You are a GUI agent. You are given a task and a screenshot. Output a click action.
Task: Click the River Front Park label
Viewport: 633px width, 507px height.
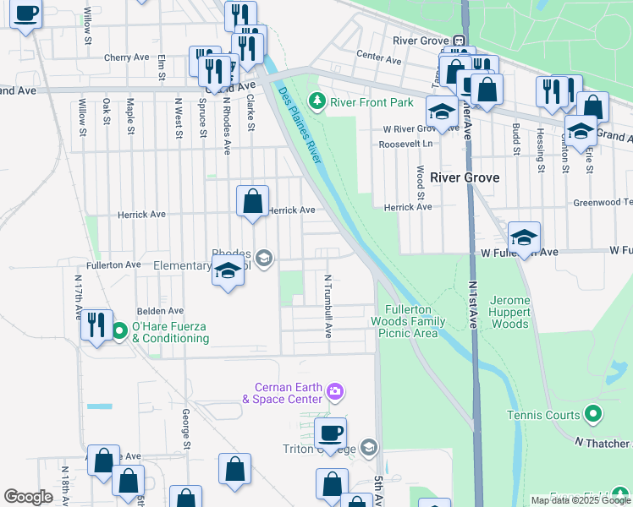click(372, 102)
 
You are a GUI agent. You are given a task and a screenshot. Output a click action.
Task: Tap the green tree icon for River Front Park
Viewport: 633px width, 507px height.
click(317, 102)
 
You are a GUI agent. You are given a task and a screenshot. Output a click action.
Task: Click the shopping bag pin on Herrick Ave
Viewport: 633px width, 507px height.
click(252, 202)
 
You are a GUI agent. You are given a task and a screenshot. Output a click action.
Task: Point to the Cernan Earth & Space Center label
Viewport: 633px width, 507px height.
click(283, 392)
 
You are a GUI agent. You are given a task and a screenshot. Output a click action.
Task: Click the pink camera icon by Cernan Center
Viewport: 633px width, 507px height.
click(336, 390)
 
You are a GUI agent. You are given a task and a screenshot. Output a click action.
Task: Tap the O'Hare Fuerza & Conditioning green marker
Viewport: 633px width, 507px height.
click(119, 330)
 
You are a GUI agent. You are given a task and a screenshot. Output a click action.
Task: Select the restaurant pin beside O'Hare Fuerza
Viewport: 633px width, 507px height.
click(96, 324)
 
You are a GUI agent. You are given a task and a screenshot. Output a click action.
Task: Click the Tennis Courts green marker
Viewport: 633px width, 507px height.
click(593, 414)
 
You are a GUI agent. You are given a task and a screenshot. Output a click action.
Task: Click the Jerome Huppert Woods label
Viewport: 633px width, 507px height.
click(510, 312)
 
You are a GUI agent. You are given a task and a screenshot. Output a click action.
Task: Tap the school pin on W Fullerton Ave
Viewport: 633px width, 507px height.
click(524, 238)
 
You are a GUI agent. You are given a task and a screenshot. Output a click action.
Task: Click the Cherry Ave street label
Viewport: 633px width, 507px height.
click(126, 57)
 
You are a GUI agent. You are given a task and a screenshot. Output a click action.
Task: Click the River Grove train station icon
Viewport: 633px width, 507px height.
click(458, 40)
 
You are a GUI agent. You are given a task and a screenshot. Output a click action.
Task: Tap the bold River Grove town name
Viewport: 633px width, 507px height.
click(465, 177)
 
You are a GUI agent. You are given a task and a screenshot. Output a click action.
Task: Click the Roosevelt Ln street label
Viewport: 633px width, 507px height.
click(406, 144)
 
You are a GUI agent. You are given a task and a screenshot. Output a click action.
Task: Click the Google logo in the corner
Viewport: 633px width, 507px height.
click(28, 497)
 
